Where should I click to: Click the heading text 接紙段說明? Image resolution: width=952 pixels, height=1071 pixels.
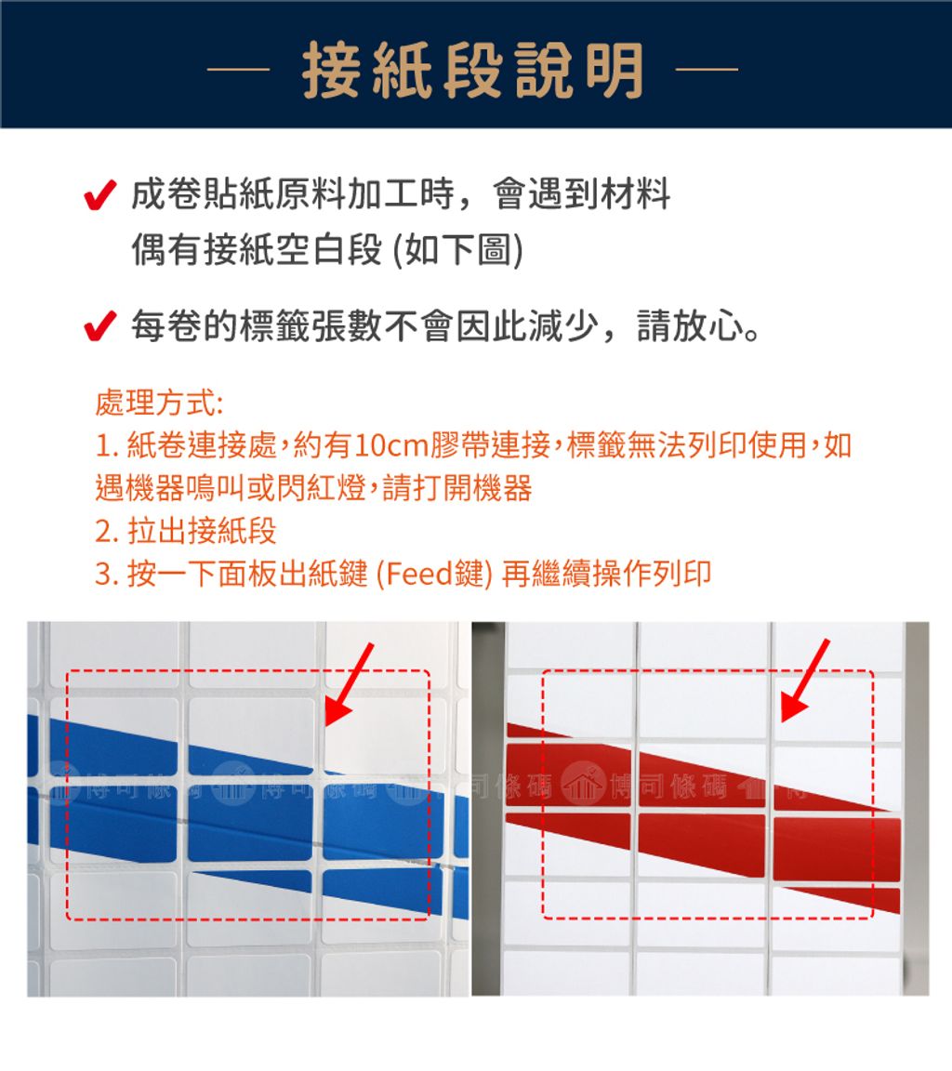pyautogui.click(x=474, y=71)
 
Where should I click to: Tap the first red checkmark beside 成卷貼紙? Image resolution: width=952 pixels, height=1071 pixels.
pyautogui.click(x=99, y=197)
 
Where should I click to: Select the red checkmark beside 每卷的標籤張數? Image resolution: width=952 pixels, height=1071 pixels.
pyautogui.click(x=99, y=328)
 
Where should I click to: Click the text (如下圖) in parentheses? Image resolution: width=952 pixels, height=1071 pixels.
pyautogui.click(x=457, y=250)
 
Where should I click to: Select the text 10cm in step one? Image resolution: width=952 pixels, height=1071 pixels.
pyautogui.click(x=390, y=447)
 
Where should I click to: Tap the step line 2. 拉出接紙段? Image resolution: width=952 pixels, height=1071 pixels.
pyautogui.click(x=186, y=532)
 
